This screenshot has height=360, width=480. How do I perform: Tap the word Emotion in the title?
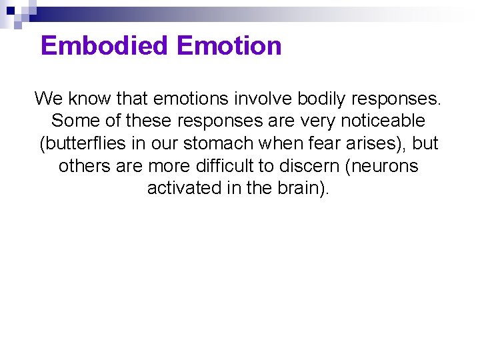230,46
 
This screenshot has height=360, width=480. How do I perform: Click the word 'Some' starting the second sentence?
73,121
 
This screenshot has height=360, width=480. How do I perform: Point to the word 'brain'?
298,188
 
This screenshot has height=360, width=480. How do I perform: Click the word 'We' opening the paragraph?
47,99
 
